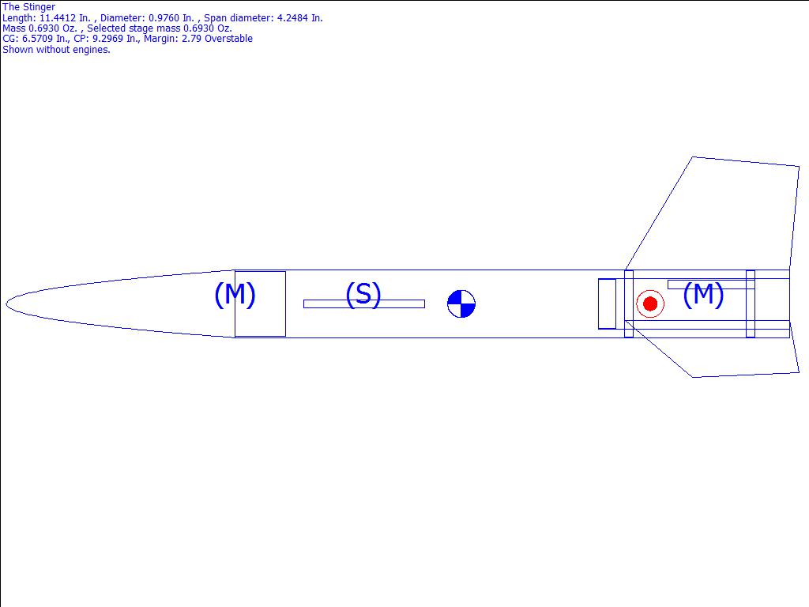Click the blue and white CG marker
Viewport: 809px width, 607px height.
click(461, 303)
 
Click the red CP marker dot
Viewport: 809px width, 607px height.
click(650, 303)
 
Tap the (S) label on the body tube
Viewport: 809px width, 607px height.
click(363, 294)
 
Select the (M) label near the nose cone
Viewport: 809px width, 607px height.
click(235, 294)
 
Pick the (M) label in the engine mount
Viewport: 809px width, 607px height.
click(703, 294)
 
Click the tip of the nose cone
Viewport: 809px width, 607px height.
click(6, 303)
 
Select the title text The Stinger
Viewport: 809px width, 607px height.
click(29, 6)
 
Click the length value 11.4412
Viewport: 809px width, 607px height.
click(58, 18)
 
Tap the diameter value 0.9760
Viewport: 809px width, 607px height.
click(164, 18)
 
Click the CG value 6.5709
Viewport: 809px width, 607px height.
click(38, 39)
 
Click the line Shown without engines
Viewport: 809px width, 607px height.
click(56, 50)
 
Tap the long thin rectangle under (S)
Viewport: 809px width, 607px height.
click(364, 304)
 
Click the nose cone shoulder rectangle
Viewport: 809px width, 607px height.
click(260, 304)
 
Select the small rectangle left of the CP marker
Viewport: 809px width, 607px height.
click(608, 303)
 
